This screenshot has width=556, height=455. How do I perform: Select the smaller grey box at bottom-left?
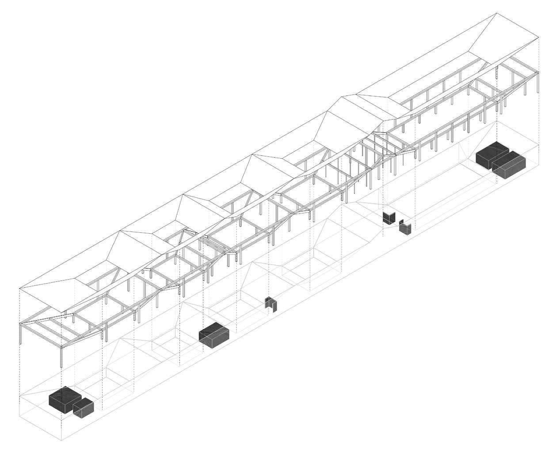[83, 409]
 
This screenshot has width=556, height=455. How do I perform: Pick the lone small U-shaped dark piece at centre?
[271, 304]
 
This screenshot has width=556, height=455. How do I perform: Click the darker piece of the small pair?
[388, 218]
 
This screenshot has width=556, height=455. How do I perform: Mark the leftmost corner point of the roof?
[19, 289]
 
